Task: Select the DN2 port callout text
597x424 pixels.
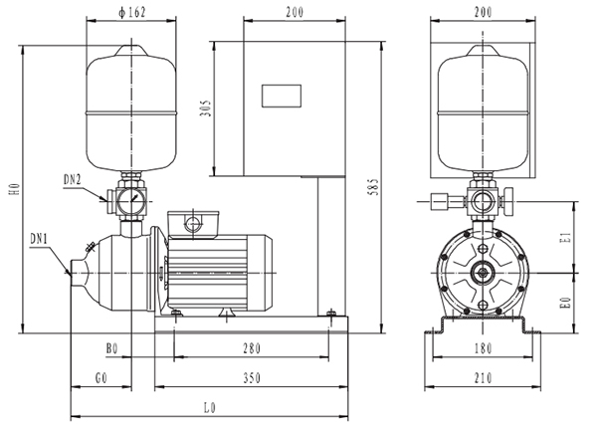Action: point(73,179)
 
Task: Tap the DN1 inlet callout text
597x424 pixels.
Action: point(39,239)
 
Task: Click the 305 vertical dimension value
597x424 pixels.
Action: point(206,108)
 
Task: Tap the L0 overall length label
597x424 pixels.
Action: point(208,408)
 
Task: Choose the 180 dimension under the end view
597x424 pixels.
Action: point(482,350)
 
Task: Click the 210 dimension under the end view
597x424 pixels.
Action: point(482,379)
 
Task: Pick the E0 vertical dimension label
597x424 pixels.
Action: point(563,301)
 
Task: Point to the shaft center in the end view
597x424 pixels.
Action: point(483,272)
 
